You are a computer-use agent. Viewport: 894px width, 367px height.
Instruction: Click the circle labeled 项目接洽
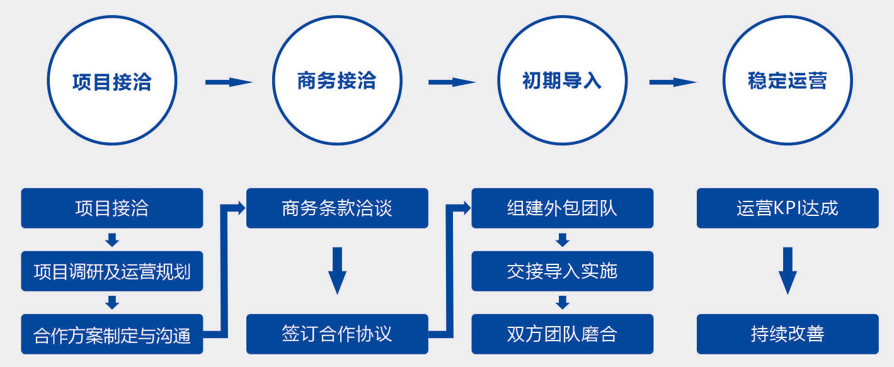(x=112, y=81)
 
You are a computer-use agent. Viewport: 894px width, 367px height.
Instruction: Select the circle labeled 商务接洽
(x=336, y=81)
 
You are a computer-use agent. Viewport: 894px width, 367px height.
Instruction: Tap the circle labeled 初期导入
(x=562, y=81)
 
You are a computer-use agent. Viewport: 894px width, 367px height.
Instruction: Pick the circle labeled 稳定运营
(x=787, y=81)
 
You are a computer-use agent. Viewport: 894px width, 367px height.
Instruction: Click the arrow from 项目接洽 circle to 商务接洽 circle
(x=228, y=82)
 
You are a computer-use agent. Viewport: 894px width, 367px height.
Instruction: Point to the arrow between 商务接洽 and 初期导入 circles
(x=451, y=82)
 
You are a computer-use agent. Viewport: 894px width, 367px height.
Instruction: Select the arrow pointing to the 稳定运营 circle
(x=672, y=82)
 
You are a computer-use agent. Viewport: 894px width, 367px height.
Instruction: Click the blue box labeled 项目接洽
(x=112, y=208)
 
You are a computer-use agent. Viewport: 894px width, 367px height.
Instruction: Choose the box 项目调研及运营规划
(x=112, y=271)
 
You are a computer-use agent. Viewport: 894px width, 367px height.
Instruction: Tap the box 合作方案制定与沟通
(x=112, y=334)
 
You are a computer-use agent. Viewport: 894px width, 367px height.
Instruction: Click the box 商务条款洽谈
(x=337, y=208)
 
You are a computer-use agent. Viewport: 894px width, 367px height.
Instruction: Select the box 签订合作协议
(x=337, y=334)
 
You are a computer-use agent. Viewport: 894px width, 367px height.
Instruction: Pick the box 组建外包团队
(x=562, y=208)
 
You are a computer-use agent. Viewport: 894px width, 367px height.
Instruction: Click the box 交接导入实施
(x=562, y=271)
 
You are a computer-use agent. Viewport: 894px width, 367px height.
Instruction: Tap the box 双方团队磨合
(x=562, y=334)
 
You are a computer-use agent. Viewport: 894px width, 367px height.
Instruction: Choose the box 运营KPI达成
(x=787, y=208)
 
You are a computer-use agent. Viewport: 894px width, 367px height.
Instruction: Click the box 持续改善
(x=787, y=334)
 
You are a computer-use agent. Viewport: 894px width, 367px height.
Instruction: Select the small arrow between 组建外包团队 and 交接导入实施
(x=563, y=240)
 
